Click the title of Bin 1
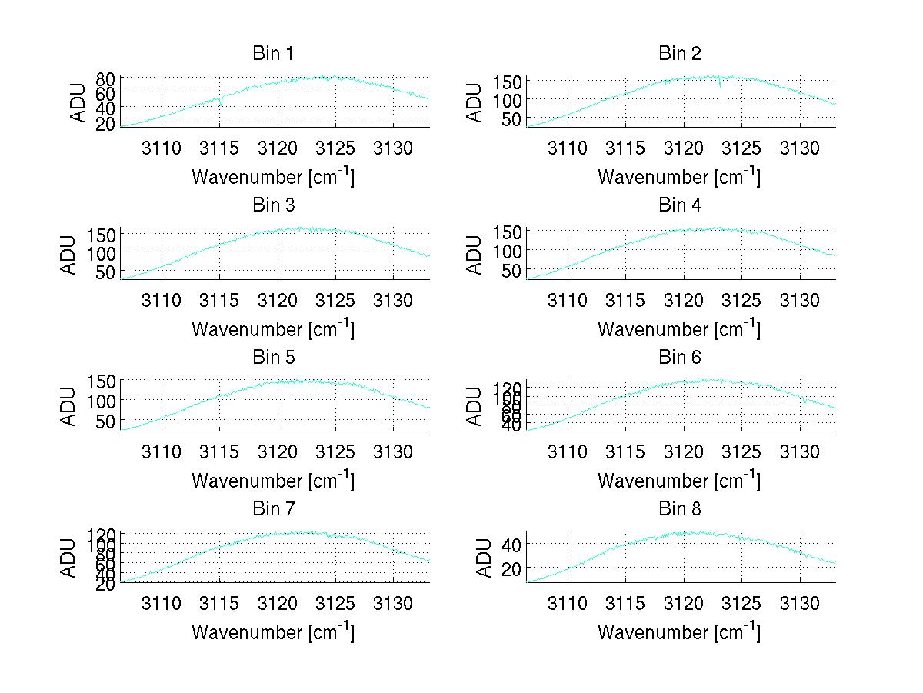click(273, 54)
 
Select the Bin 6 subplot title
click(680, 358)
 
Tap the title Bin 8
click(680, 509)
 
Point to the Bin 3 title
click(273, 205)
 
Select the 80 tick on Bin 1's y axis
click(106, 78)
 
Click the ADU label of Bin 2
click(475, 102)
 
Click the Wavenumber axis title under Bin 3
click(273, 328)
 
